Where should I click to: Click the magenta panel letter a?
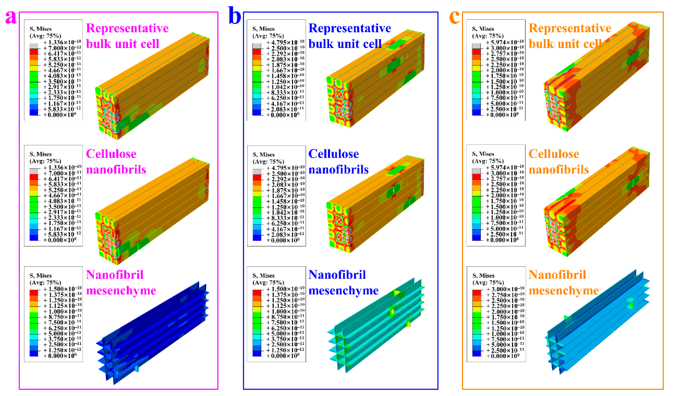pyautogui.click(x=11, y=18)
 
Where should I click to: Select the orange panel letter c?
pyautogui.click(x=454, y=18)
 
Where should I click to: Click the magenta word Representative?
pyautogui.click(x=127, y=28)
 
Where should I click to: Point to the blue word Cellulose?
pyautogui.click(x=333, y=154)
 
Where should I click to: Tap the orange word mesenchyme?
pyautogui.click(x=564, y=291)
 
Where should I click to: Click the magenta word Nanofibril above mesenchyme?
pyautogui.click(x=115, y=275)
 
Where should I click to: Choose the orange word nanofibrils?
pyautogui.click(x=559, y=170)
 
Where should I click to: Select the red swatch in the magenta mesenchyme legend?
pyautogui.click(x=34, y=292)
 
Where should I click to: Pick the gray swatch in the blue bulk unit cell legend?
pyautogui.click(x=257, y=46)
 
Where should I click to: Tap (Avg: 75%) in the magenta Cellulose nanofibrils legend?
pyautogui.click(x=45, y=161)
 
